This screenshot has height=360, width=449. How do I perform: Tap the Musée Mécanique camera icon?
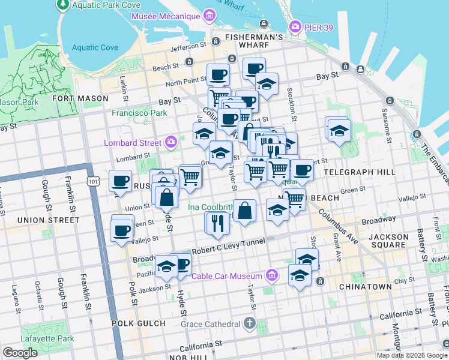[x=208, y=14]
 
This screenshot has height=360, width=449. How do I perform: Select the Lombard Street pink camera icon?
[x=171, y=142]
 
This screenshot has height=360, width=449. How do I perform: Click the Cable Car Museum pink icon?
[x=272, y=275]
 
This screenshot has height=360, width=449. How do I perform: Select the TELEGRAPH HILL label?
[x=359, y=172]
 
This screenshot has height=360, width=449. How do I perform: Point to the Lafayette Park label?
[x=40, y=339]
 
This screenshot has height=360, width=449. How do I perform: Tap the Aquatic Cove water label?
[x=95, y=47]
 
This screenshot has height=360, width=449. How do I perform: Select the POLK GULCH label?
[x=138, y=323]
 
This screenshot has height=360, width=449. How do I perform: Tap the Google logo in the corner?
[x=20, y=353]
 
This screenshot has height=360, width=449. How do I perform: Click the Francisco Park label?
[x=139, y=112]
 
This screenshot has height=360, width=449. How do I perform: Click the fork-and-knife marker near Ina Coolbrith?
[x=217, y=223]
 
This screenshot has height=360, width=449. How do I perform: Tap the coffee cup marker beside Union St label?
[x=120, y=180]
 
